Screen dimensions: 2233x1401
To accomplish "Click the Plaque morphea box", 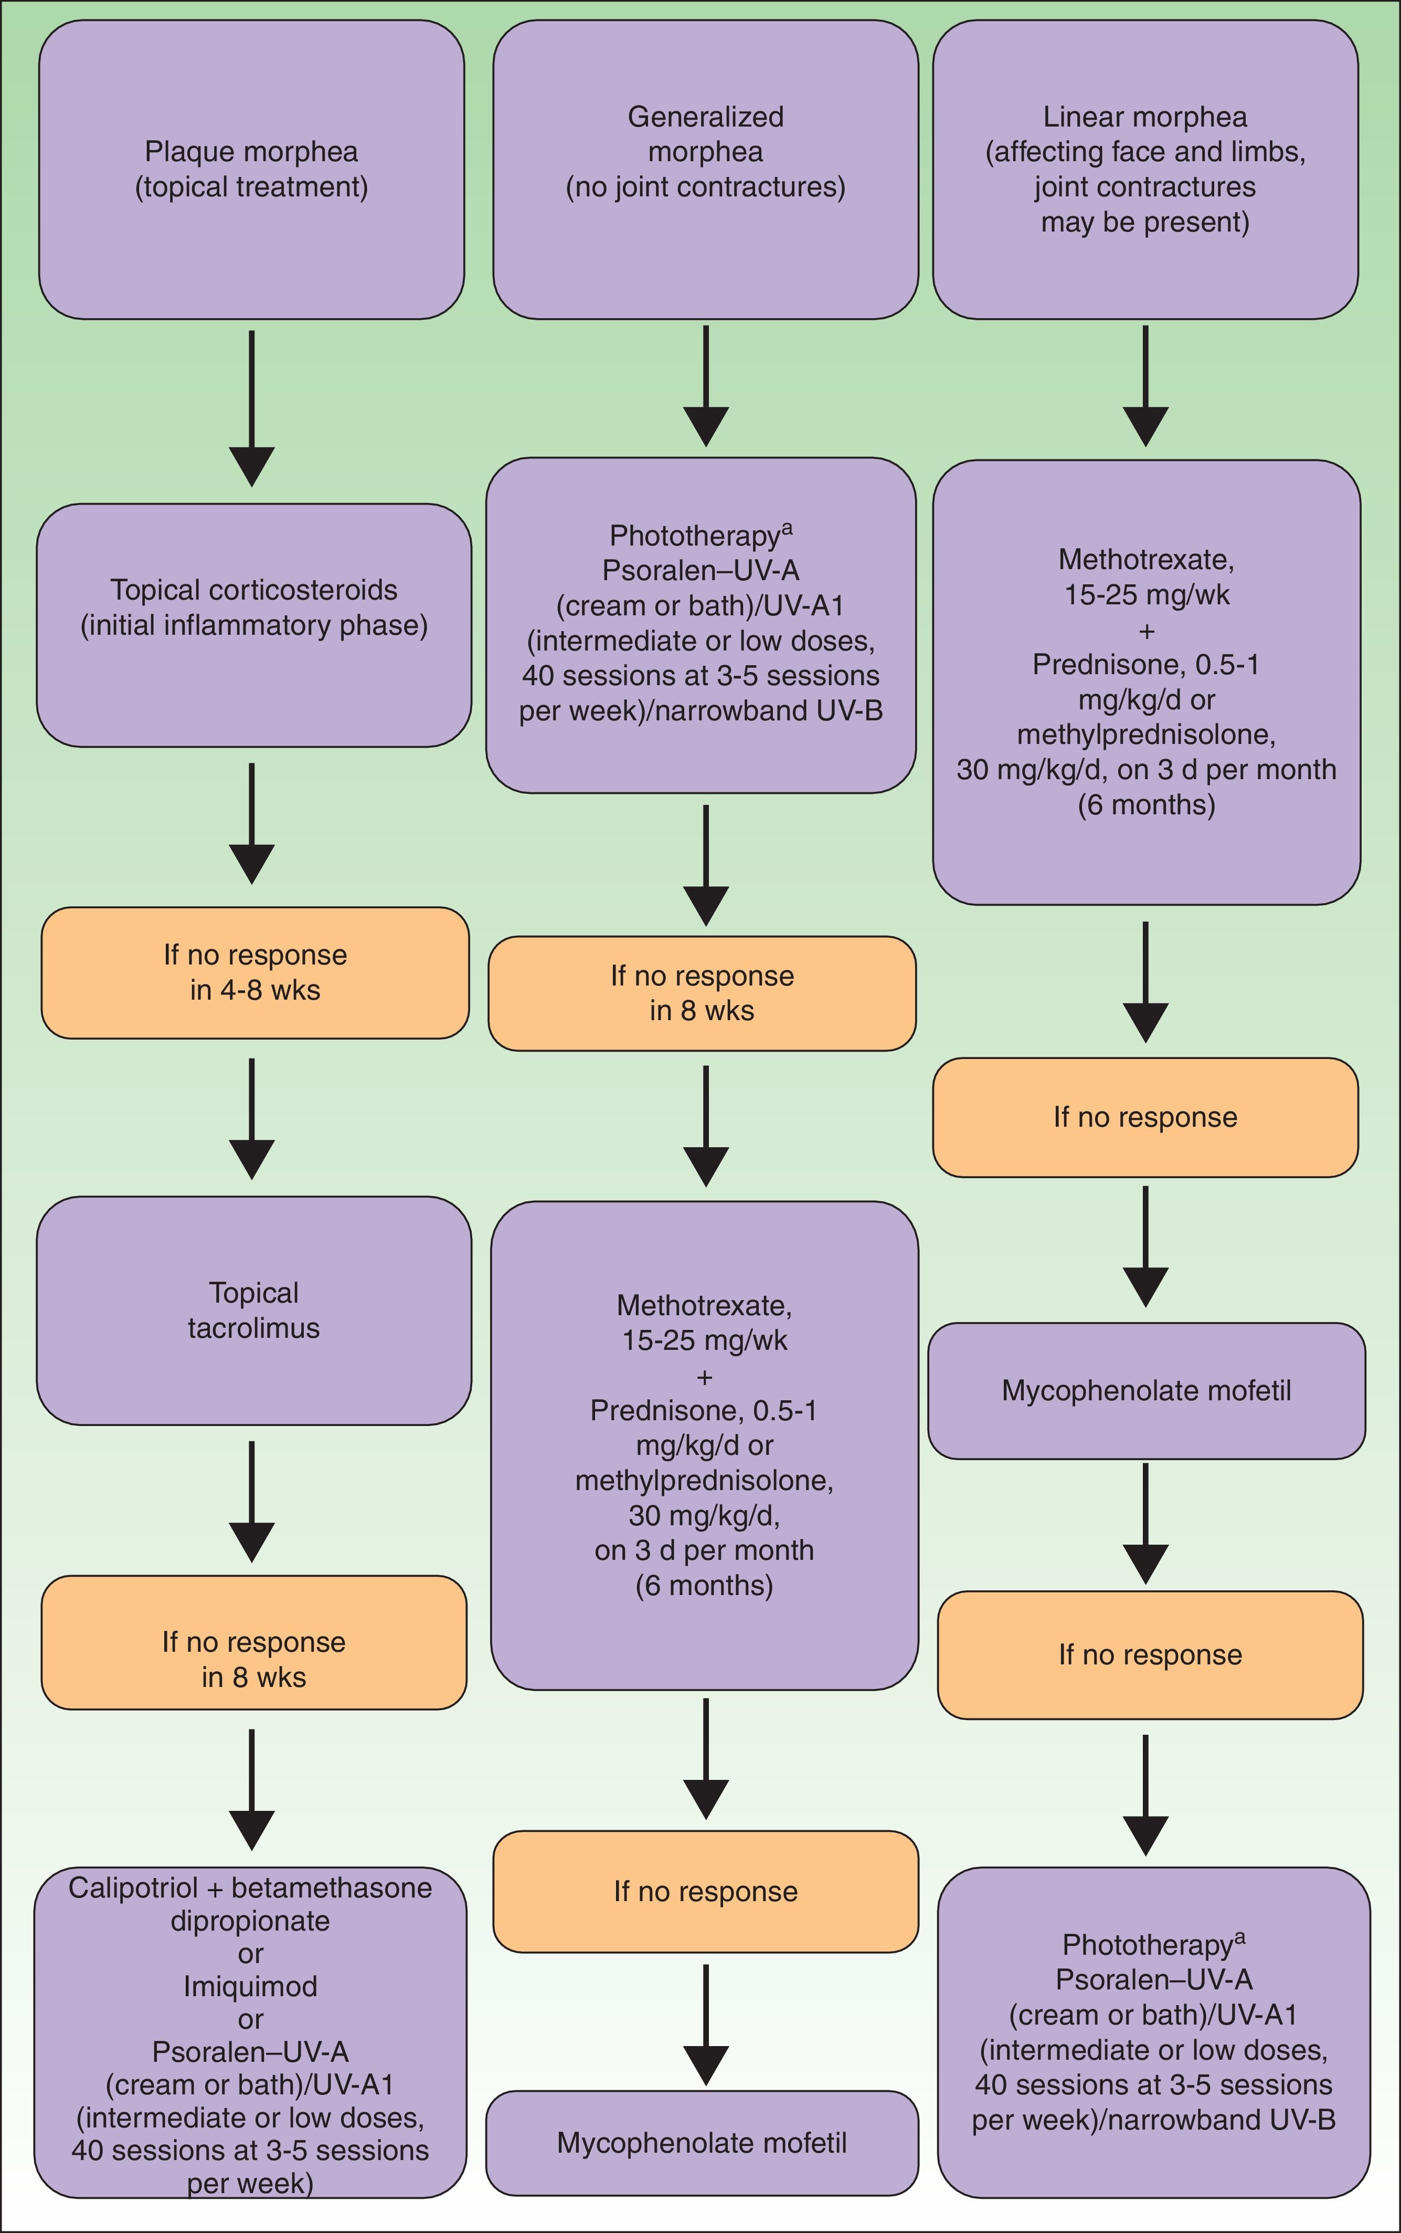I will pyautogui.click(x=251, y=170).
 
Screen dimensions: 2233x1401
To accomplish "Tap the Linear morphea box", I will pyautogui.click(x=1145, y=170).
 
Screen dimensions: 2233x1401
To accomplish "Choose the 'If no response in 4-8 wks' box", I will pyautogui.click(x=255, y=972).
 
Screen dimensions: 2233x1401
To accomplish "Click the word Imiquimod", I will pyautogui.click(x=250, y=1986).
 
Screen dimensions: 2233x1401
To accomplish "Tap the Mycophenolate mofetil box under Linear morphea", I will pyautogui.click(x=1146, y=1390).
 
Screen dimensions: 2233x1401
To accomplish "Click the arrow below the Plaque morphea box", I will pyautogui.click(x=252, y=408).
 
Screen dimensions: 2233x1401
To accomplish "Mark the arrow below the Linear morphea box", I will pyautogui.click(x=1145, y=385).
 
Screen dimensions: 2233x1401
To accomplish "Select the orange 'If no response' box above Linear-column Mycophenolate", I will pyautogui.click(x=1145, y=1117).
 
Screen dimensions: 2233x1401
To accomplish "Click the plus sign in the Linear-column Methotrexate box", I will pyautogui.click(x=1146, y=631).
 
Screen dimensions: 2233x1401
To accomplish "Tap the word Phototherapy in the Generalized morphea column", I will pyautogui.click(x=694, y=536).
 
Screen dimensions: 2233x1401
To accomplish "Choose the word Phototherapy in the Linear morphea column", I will pyautogui.click(x=1147, y=1945).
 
